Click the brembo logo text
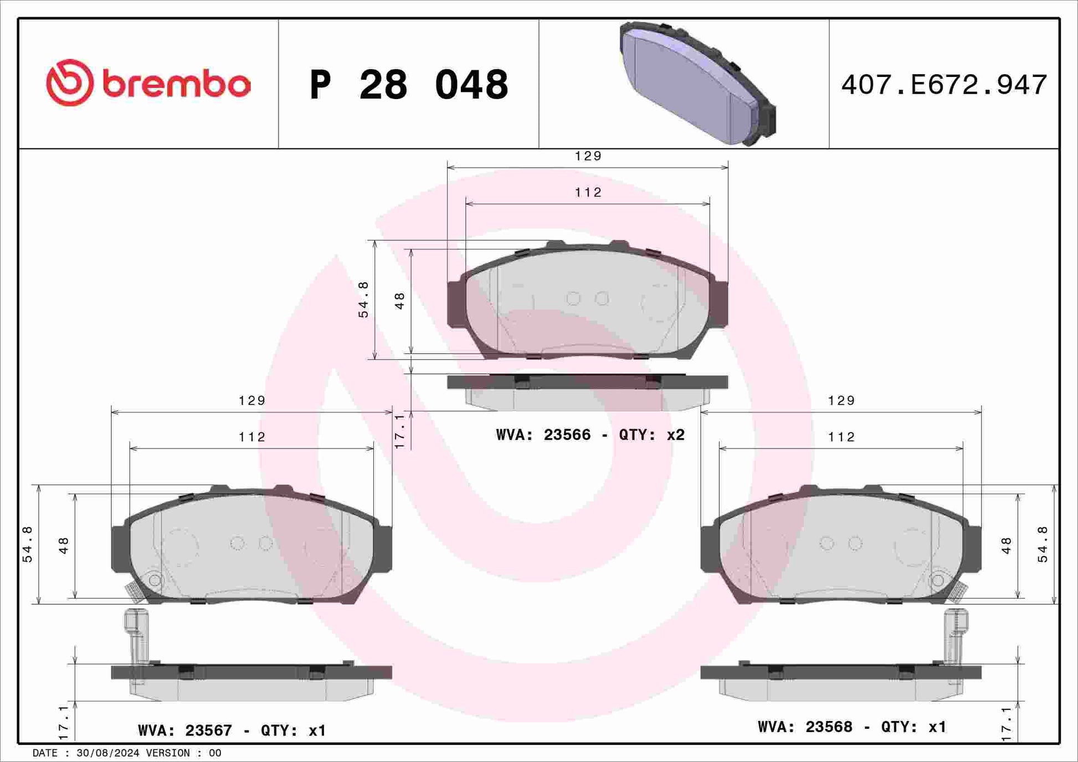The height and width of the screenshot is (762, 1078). pos(177,84)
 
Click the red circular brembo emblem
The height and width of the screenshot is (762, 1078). pos(70,83)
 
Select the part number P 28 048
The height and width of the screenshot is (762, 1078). pos(409,85)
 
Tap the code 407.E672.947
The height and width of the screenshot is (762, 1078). pos(944,85)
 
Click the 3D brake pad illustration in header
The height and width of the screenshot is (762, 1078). pos(697,83)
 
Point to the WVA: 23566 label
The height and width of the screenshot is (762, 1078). pos(543,435)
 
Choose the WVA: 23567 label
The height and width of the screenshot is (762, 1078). pos(185,730)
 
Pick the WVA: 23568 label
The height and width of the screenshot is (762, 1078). pos(805,727)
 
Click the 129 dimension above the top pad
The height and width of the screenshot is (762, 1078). pos(588,156)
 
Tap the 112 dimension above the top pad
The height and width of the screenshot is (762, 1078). pos(588,192)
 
